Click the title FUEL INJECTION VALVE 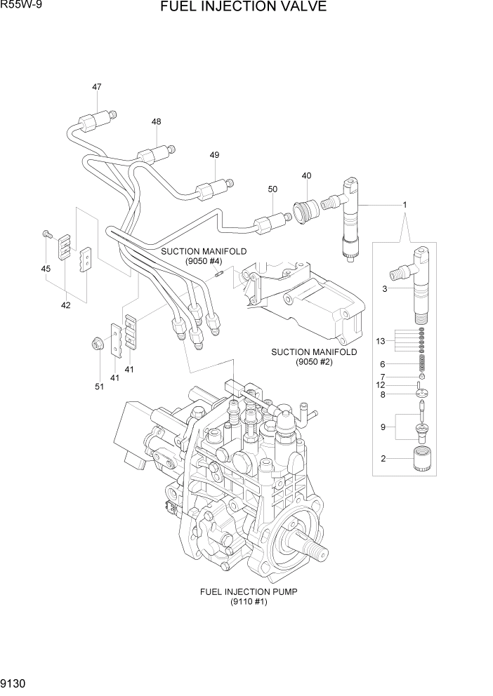(x=243, y=8)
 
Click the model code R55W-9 (x=22, y=6)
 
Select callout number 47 (x=96, y=87)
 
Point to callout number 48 (x=156, y=121)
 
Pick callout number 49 (x=214, y=155)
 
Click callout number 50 (x=272, y=189)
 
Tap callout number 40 (x=306, y=175)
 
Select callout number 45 (x=46, y=269)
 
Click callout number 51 (x=99, y=387)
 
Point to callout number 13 (x=381, y=341)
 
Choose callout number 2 (x=383, y=459)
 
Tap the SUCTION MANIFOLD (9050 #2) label (x=314, y=356)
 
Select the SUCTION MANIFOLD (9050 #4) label (x=204, y=255)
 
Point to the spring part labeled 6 (x=422, y=363)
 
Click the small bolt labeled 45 (x=46, y=234)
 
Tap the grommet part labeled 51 (x=95, y=343)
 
